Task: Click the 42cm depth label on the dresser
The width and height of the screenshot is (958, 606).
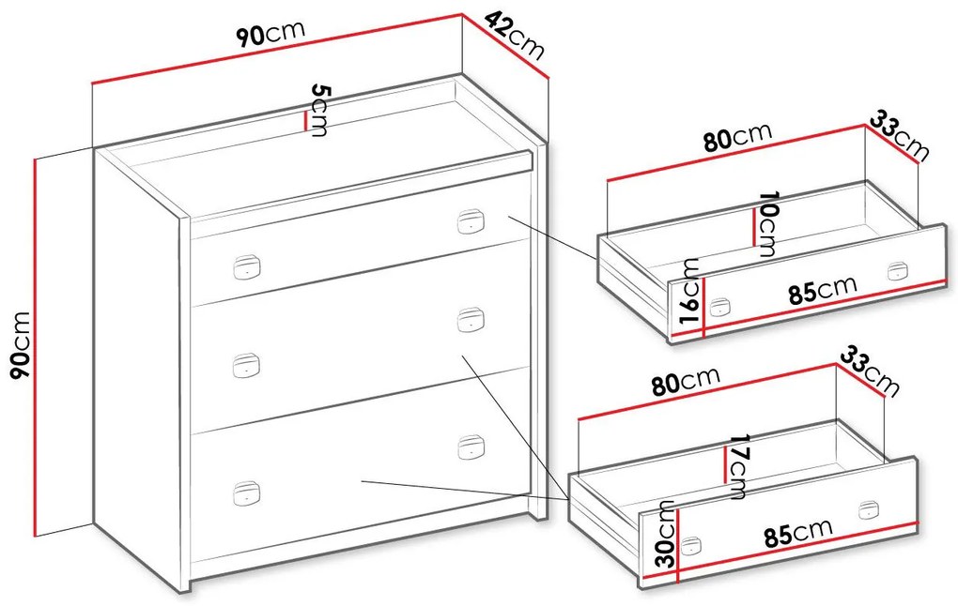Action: pos(515,37)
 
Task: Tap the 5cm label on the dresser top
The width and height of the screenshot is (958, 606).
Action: pos(319,110)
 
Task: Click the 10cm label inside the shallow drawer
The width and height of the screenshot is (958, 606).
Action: pos(766,224)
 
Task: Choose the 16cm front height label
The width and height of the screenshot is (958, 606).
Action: pos(689,291)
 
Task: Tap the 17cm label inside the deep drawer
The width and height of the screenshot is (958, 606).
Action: pos(737,466)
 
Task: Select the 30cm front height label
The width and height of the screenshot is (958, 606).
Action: pos(665,533)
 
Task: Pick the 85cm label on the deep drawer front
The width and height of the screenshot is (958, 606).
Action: pos(798,532)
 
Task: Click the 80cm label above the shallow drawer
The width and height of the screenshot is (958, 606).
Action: pos(737,137)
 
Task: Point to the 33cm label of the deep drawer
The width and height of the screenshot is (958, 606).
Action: pos(870,371)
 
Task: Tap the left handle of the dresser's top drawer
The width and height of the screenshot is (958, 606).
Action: pos(247,267)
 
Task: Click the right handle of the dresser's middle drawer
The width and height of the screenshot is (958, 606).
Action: pos(471,320)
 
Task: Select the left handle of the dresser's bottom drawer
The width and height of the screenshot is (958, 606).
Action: pos(247,493)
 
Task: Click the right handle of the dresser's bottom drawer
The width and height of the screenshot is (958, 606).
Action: pos(471,447)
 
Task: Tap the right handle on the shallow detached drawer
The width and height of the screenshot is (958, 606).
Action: pos(898,270)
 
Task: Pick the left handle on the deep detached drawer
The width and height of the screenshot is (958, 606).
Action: pos(691,546)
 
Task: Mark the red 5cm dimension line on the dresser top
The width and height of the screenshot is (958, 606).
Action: pos(305,121)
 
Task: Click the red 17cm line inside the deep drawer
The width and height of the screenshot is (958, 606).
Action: pos(725,465)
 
